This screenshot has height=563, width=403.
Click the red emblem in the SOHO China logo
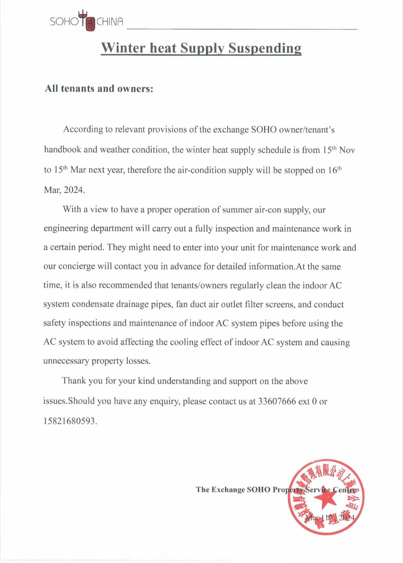point(90,24)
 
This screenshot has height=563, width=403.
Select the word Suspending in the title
point(265,48)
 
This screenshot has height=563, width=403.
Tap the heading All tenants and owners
point(99,89)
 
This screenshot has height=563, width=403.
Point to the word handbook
point(62,150)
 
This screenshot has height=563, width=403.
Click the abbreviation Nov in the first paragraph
point(347,150)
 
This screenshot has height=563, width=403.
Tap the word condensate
point(93,304)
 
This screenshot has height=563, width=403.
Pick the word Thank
point(74,381)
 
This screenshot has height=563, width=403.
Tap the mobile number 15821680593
point(69,421)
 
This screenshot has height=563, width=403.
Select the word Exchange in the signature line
point(228,490)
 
